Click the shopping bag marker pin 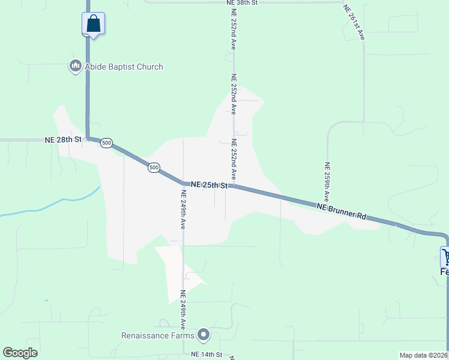(x=93, y=24)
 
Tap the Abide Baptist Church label (x=124, y=67)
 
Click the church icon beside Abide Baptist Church (x=75, y=66)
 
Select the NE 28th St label (x=62, y=139)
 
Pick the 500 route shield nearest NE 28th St (x=106, y=143)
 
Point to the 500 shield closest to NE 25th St (x=154, y=167)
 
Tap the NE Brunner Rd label (x=341, y=211)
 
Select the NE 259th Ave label (x=327, y=181)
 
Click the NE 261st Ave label (x=354, y=23)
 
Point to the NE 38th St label (x=242, y=3)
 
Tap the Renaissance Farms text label (x=159, y=335)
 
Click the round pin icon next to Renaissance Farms (x=203, y=335)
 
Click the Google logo (x=20, y=353)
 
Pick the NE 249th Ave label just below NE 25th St (x=182, y=209)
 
